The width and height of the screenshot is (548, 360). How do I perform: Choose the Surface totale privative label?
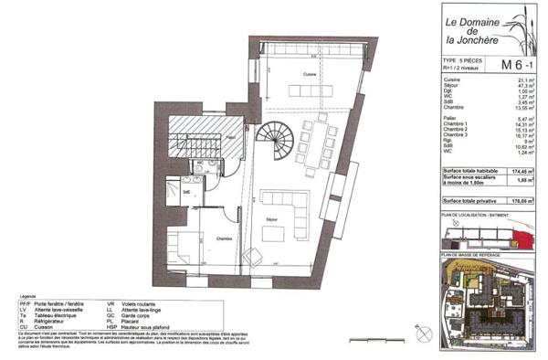point(476,199)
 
